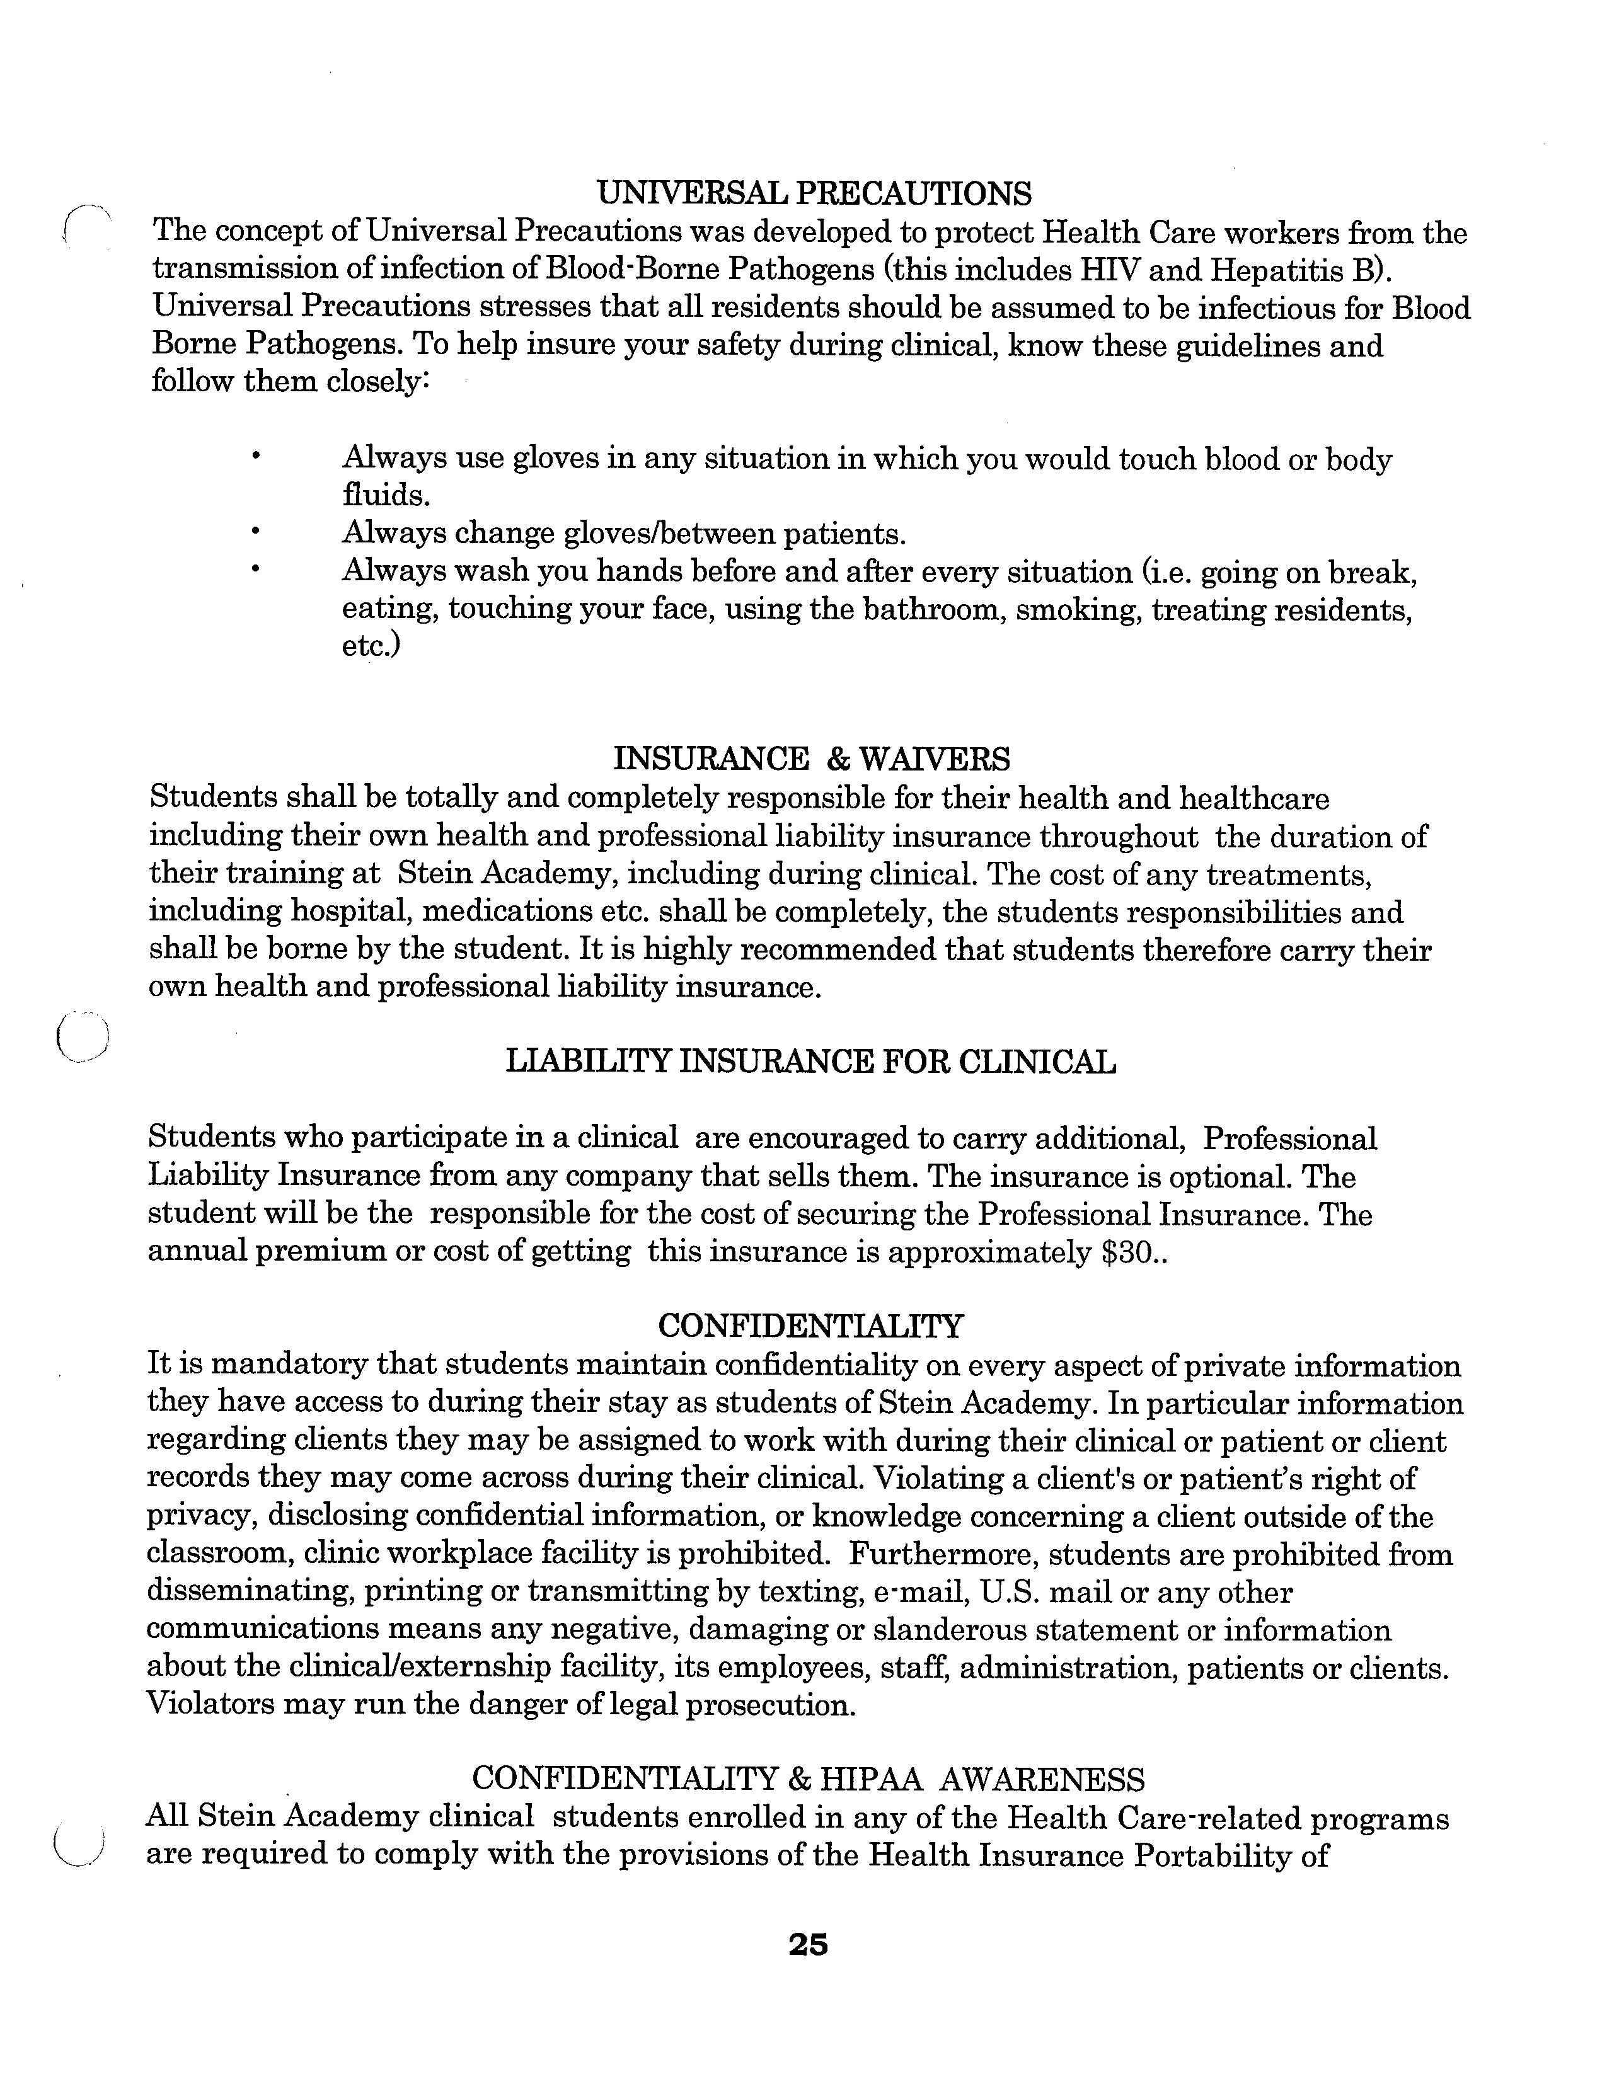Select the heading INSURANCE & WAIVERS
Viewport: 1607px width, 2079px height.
click(811, 759)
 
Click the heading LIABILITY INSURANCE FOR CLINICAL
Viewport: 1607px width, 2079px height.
click(810, 1062)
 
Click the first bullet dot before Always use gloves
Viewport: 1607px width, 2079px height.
click(255, 458)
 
